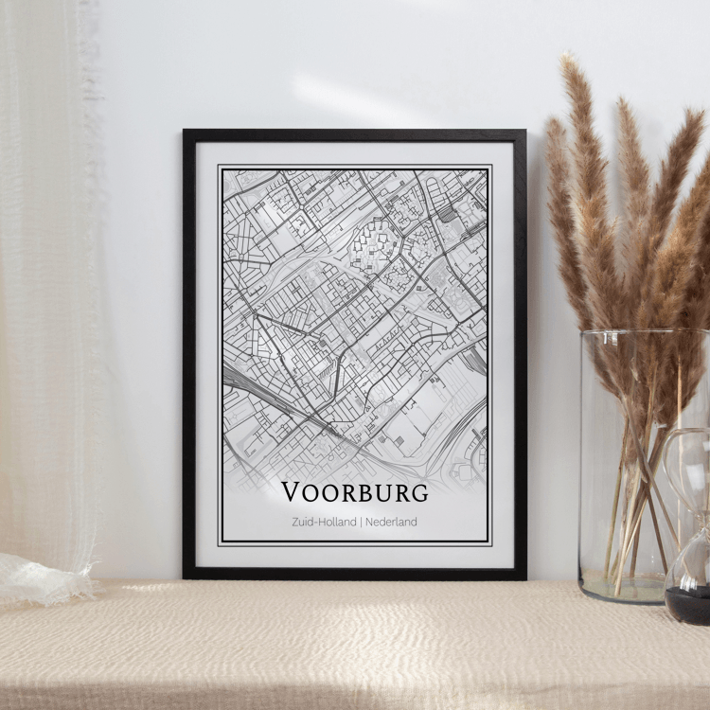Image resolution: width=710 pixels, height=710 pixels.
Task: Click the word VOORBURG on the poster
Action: [355, 492]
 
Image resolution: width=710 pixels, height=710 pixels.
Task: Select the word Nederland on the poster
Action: [392, 522]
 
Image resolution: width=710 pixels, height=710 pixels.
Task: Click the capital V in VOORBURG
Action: [292, 492]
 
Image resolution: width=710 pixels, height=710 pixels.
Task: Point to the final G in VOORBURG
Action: [417, 492]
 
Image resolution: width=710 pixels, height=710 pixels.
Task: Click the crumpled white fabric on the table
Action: [43, 577]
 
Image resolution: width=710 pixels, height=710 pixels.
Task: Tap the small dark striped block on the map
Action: [447, 215]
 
